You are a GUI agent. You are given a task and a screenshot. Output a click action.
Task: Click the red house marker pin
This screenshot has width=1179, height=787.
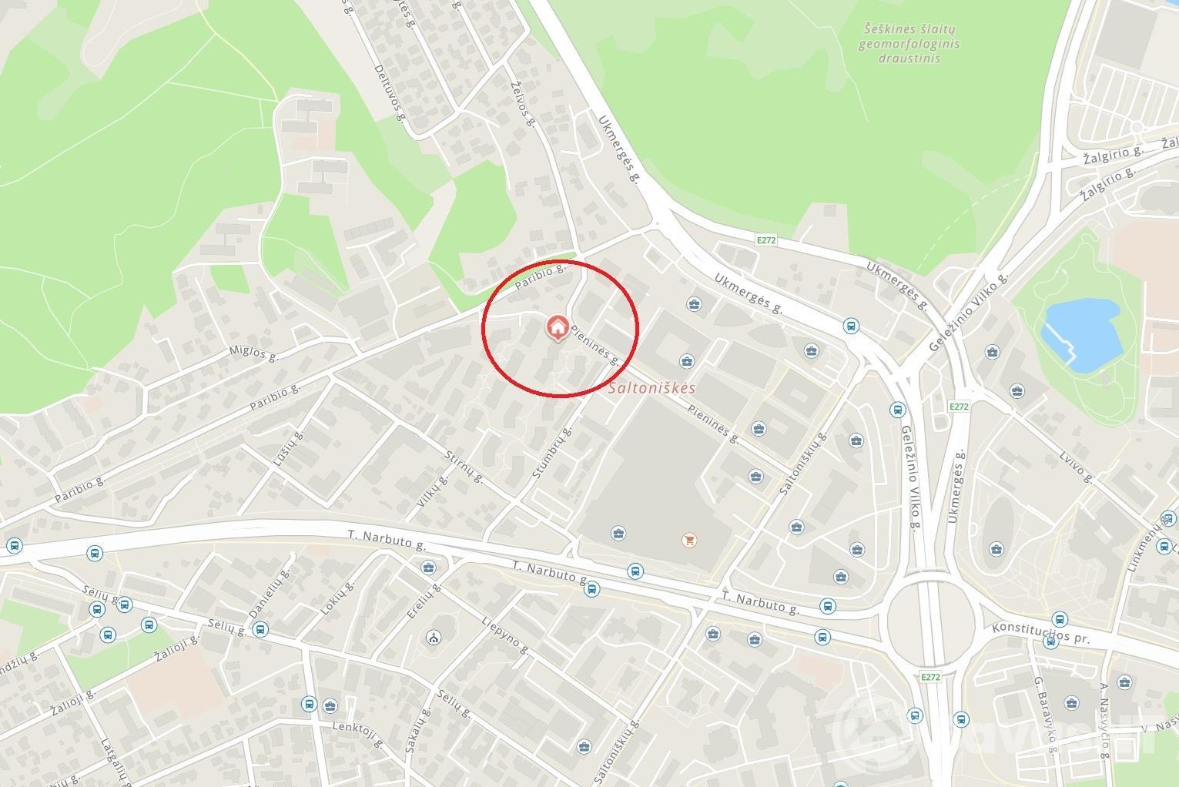[x=558, y=327]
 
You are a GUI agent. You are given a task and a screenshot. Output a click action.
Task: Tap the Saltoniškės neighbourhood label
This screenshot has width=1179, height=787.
[x=651, y=388]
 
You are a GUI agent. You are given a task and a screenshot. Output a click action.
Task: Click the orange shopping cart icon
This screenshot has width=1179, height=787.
[x=688, y=540]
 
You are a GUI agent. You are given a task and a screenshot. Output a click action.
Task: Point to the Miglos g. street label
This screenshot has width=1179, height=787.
[x=253, y=353]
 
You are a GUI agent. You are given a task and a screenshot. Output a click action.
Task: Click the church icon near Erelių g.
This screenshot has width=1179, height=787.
[x=434, y=638]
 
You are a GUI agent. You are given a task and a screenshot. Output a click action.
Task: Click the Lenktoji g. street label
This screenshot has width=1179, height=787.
[x=359, y=735]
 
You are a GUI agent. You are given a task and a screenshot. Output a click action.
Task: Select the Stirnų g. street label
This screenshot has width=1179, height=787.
[x=464, y=467]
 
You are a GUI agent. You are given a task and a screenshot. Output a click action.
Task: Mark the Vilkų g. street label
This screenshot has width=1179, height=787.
[x=431, y=492]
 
